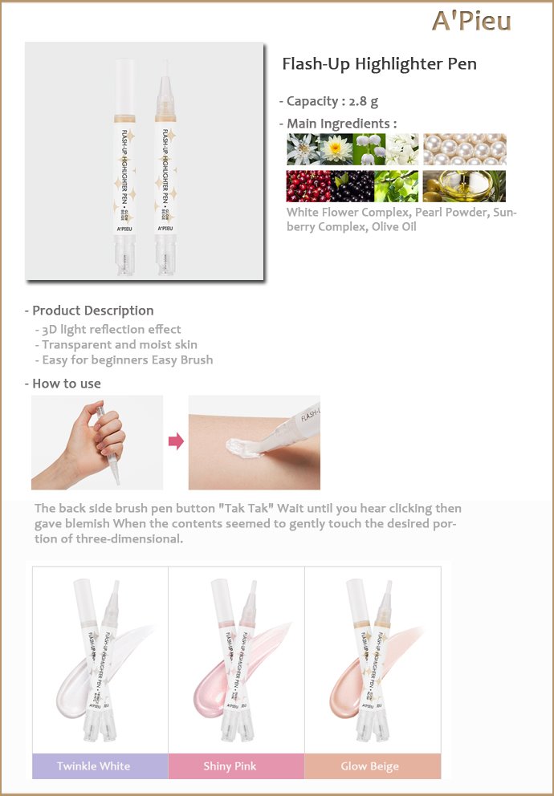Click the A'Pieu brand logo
pos(471,22)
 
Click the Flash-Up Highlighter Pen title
pos(379,64)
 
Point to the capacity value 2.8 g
pos(363,102)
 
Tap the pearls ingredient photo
pos(465,149)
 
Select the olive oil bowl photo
pos(465,186)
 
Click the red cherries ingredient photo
pos(308,186)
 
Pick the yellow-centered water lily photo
pos(336,149)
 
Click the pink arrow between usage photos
pos(176,441)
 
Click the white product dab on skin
pos(242,449)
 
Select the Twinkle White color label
pos(93,766)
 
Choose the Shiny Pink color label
pos(230,766)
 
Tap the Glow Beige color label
pos(369,766)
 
